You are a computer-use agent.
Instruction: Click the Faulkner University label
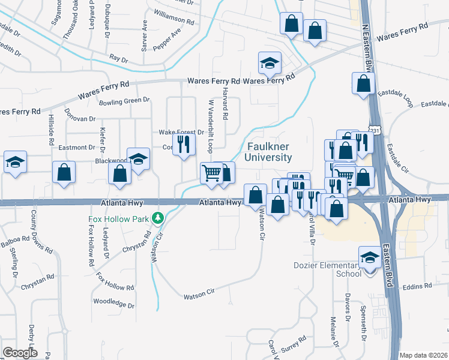(268, 152)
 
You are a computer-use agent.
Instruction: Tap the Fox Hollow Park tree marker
(158, 218)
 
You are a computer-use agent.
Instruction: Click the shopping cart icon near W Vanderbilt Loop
(211, 173)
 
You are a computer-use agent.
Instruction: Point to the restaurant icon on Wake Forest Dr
(184, 144)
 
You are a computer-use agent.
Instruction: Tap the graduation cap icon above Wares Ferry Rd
(270, 62)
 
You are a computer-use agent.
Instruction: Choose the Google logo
(20, 353)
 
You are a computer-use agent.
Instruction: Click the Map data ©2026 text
(424, 355)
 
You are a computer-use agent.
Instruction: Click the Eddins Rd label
(418, 287)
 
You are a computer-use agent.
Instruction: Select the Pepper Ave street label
(167, 38)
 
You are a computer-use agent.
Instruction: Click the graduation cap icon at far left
(15, 163)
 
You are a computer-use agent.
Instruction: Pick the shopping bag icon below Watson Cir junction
(277, 205)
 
